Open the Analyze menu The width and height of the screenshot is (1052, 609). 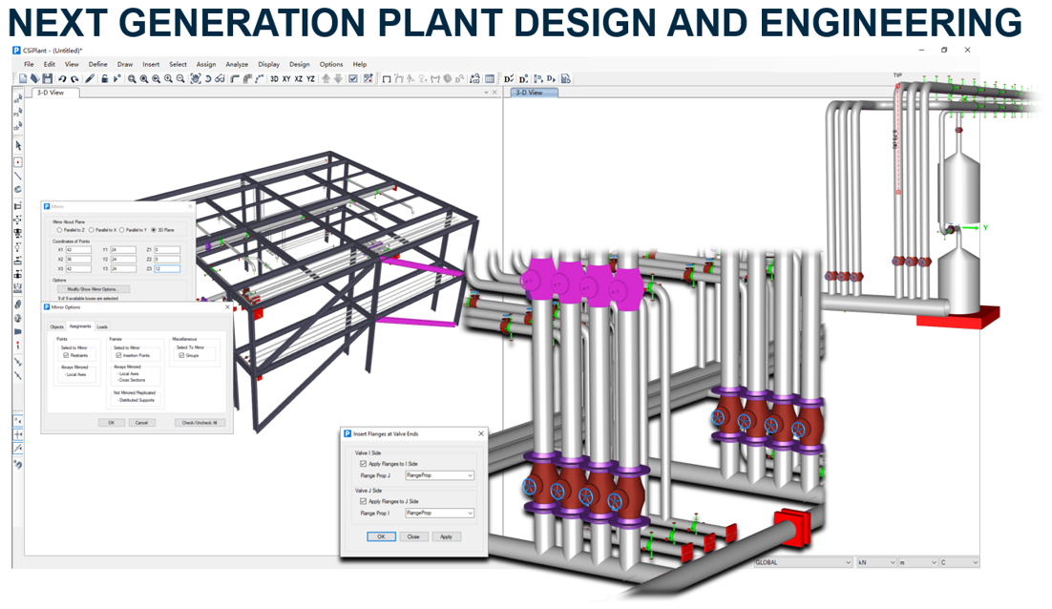click(x=237, y=65)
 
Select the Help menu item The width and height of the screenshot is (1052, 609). click(x=359, y=65)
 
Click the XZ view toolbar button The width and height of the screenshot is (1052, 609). click(x=299, y=79)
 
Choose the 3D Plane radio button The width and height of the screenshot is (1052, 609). click(x=155, y=230)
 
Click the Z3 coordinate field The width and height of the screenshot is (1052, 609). click(x=167, y=269)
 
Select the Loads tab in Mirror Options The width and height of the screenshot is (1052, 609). click(x=102, y=326)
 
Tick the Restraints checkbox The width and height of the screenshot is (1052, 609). click(x=66, y=355)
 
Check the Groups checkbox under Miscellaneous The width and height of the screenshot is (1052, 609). click(x=181, y=355)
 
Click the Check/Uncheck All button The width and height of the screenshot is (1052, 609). click(x=200, y=422)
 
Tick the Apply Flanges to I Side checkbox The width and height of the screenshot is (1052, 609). click(x=364, y=464)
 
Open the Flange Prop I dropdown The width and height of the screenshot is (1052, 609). click(x=440, y=513)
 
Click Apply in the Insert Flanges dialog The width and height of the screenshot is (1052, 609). click(x=446, y=536)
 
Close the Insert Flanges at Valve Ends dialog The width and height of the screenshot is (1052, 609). click(x=480, y=433)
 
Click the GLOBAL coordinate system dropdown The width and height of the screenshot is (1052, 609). click(x=802, y=562)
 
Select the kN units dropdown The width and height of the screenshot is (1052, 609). click(x=876, y=562)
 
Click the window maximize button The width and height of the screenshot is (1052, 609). click(x=944, y=50)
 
